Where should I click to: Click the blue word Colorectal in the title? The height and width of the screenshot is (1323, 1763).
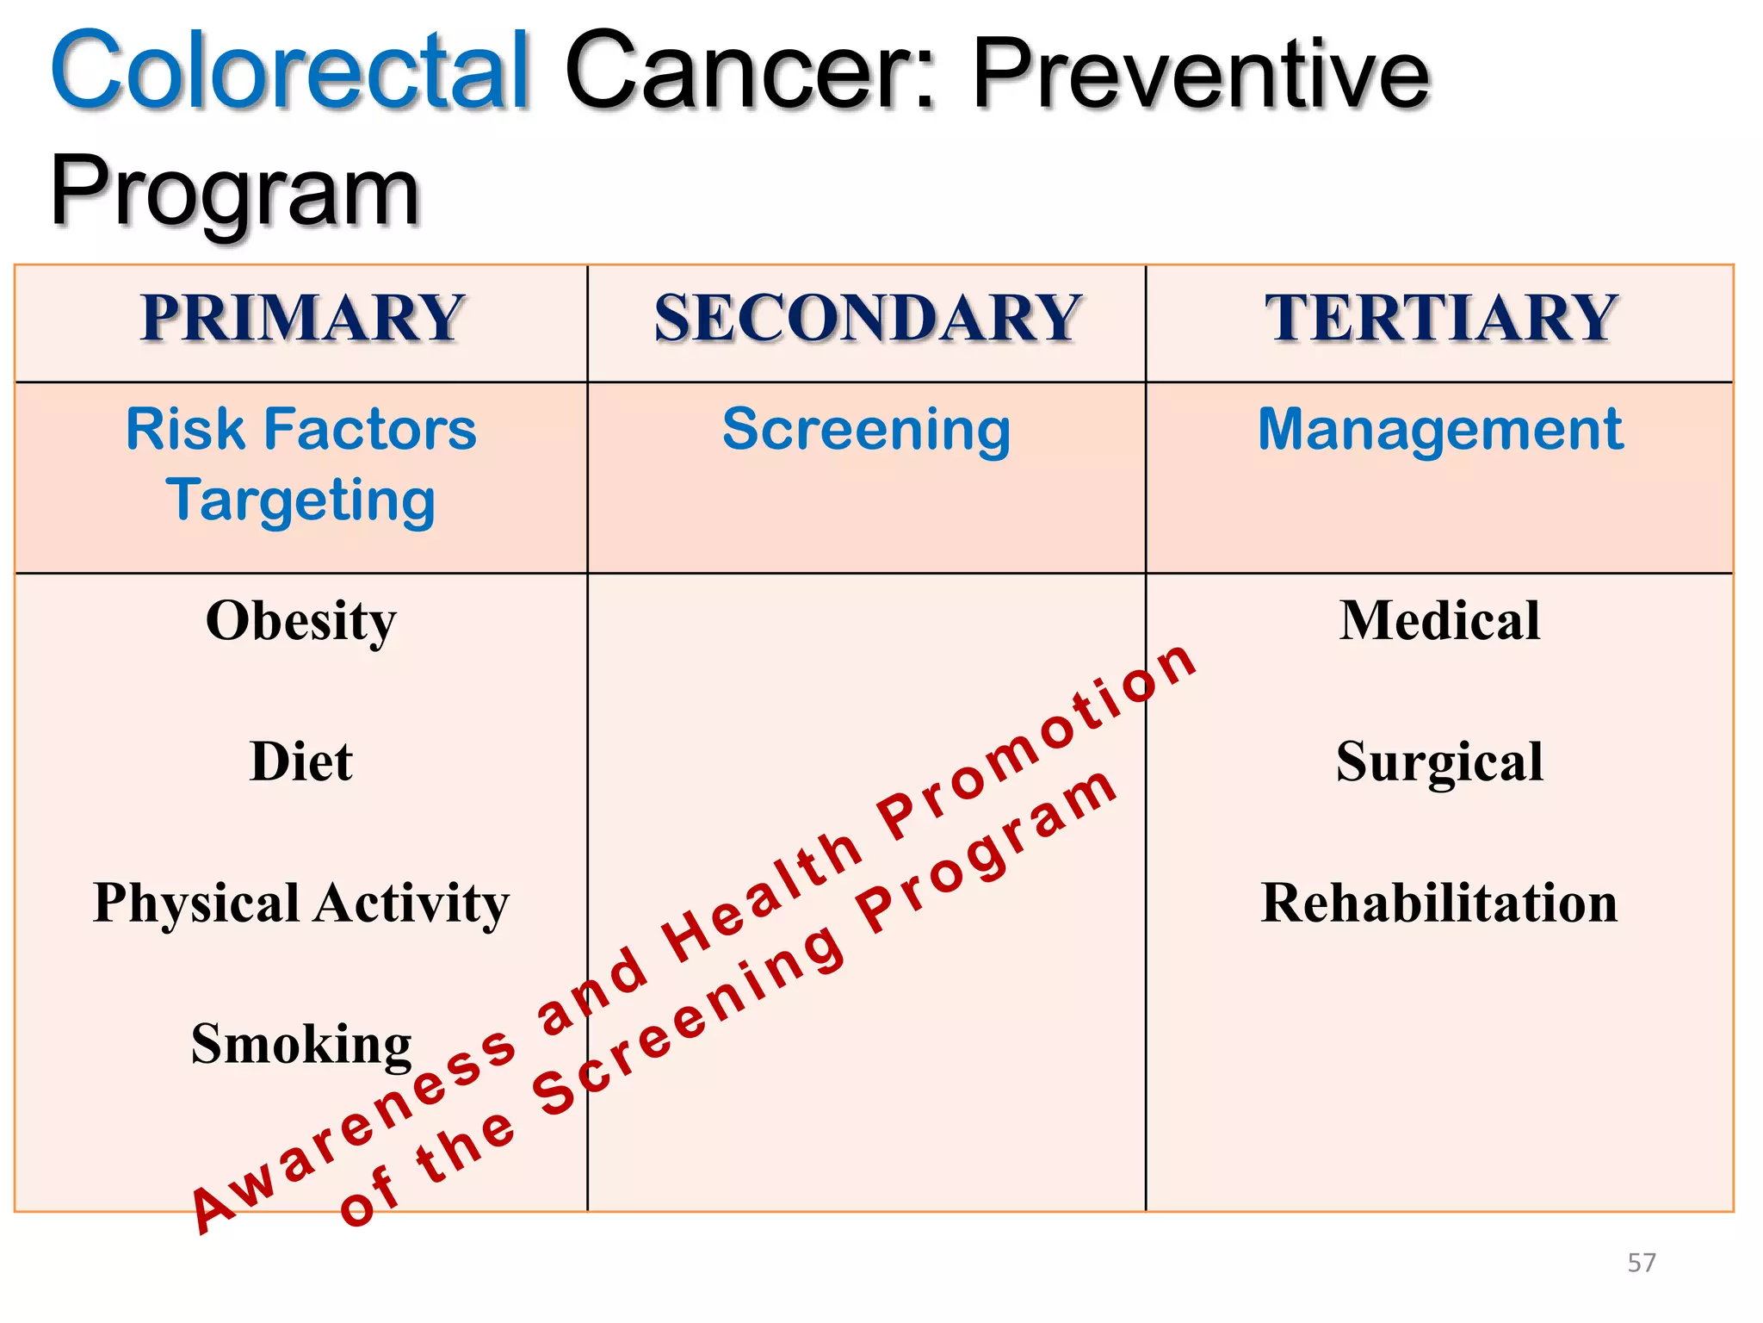289,71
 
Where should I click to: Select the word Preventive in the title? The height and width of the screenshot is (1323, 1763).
1200,76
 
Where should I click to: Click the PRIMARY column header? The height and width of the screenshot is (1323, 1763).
302,318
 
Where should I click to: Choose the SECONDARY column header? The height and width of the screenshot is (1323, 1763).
866,318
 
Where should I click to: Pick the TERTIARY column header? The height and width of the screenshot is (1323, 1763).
1440,318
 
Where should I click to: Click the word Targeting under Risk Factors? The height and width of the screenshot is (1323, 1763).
301,500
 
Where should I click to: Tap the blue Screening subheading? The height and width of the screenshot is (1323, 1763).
866,429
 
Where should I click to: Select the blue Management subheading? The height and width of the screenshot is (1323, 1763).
1440,429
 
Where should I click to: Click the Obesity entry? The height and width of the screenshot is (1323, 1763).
301,620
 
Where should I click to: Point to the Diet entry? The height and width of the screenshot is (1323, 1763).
301,761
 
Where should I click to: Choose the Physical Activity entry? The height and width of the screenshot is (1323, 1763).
301,903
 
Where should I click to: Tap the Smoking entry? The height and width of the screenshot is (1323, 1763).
301,1044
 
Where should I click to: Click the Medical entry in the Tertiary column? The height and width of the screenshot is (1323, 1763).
1440,620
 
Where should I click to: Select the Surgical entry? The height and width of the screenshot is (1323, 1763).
1440,761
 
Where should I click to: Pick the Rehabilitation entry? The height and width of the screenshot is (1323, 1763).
1440,903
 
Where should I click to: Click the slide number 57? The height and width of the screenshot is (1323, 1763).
1641,1263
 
